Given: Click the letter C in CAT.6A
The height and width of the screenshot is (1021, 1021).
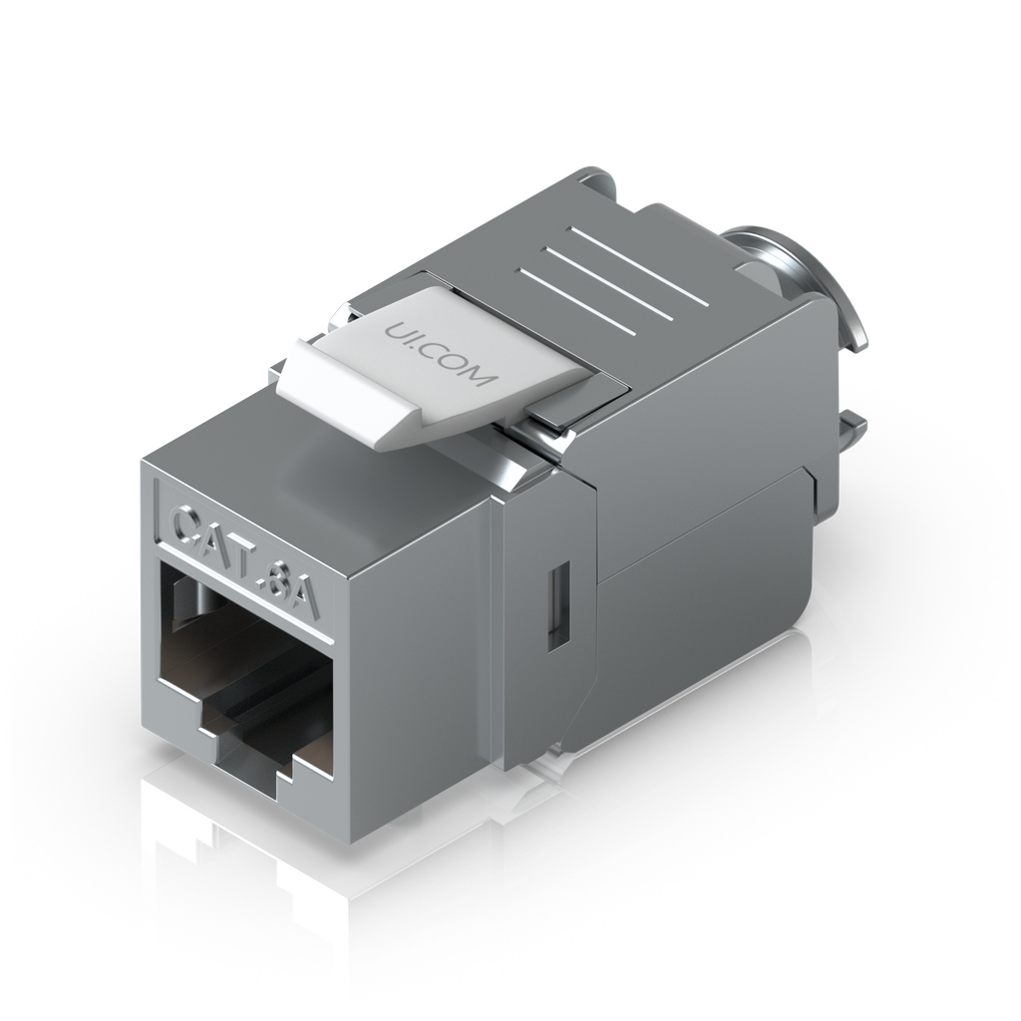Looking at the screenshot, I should [x=190, y=525].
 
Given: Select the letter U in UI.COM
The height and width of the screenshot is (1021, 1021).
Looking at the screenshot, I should [x=394, y=329].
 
